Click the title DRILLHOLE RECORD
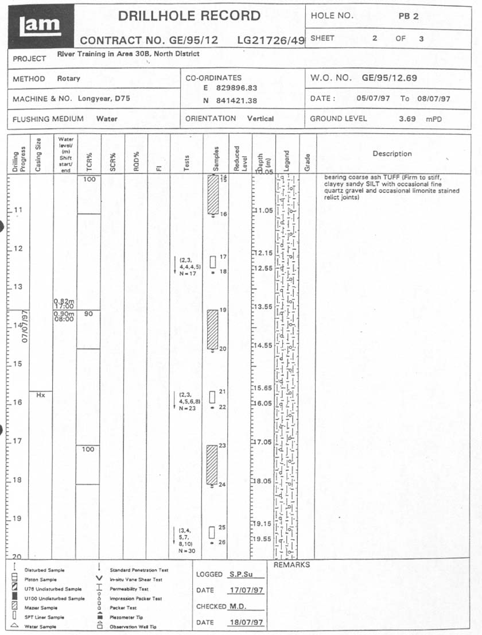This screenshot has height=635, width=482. (189, 16)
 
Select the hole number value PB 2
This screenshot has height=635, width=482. (409, 16)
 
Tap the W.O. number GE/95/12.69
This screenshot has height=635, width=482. (390, 78)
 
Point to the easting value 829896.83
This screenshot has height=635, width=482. (238, 88)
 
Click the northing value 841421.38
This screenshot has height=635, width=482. (238, 100)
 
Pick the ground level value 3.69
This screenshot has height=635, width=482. (410, 119)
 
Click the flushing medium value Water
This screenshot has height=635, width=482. (107, 119)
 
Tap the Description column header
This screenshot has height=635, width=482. (392, 154)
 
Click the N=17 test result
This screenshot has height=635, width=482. (187, 273)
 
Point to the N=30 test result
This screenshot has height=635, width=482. (187, 551)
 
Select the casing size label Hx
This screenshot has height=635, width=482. (41, 396)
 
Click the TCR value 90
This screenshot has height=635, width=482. (88, 315)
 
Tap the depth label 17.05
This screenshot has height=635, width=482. (263, 442)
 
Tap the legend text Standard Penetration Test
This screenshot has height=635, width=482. (139, 570)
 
